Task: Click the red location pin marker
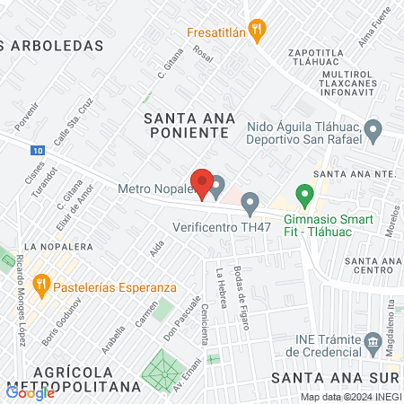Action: (203, 184)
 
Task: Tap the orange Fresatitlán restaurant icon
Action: (257, 30)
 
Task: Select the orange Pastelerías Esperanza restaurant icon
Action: (40, 286)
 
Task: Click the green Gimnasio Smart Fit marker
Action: (304, 193)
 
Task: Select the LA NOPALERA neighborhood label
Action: (56, 245)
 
